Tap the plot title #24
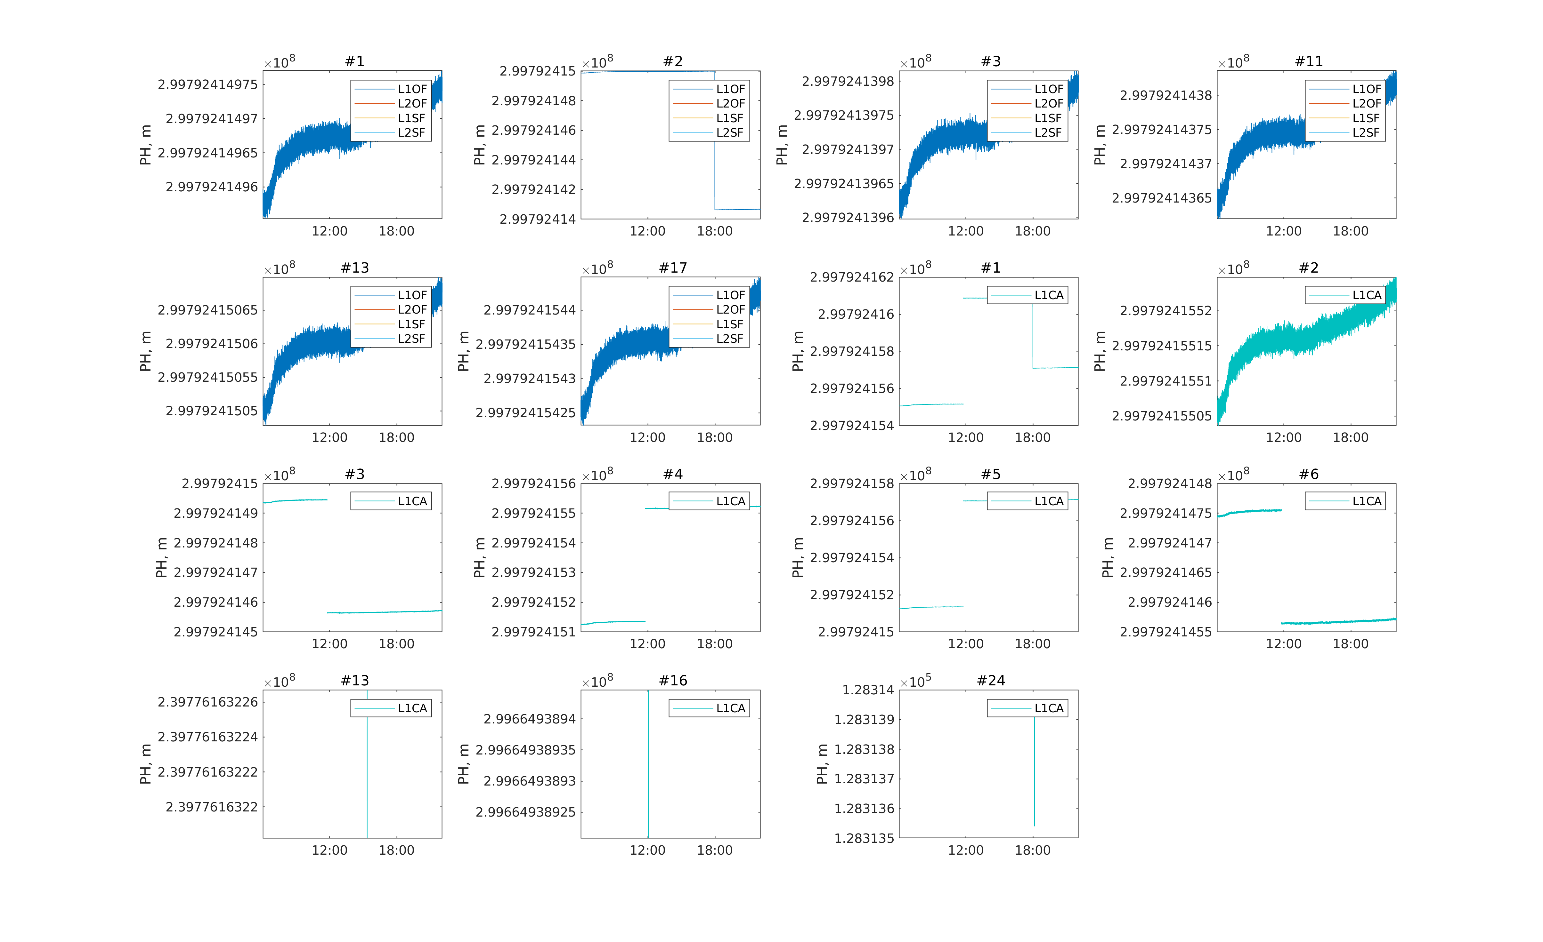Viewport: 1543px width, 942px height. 991,680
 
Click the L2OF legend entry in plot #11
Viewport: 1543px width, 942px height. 1366,103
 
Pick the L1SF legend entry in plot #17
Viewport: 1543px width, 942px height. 729,324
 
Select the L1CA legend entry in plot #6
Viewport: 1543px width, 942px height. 1366,501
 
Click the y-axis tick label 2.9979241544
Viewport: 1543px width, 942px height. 529,310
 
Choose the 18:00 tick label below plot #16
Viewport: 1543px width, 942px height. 715,850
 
